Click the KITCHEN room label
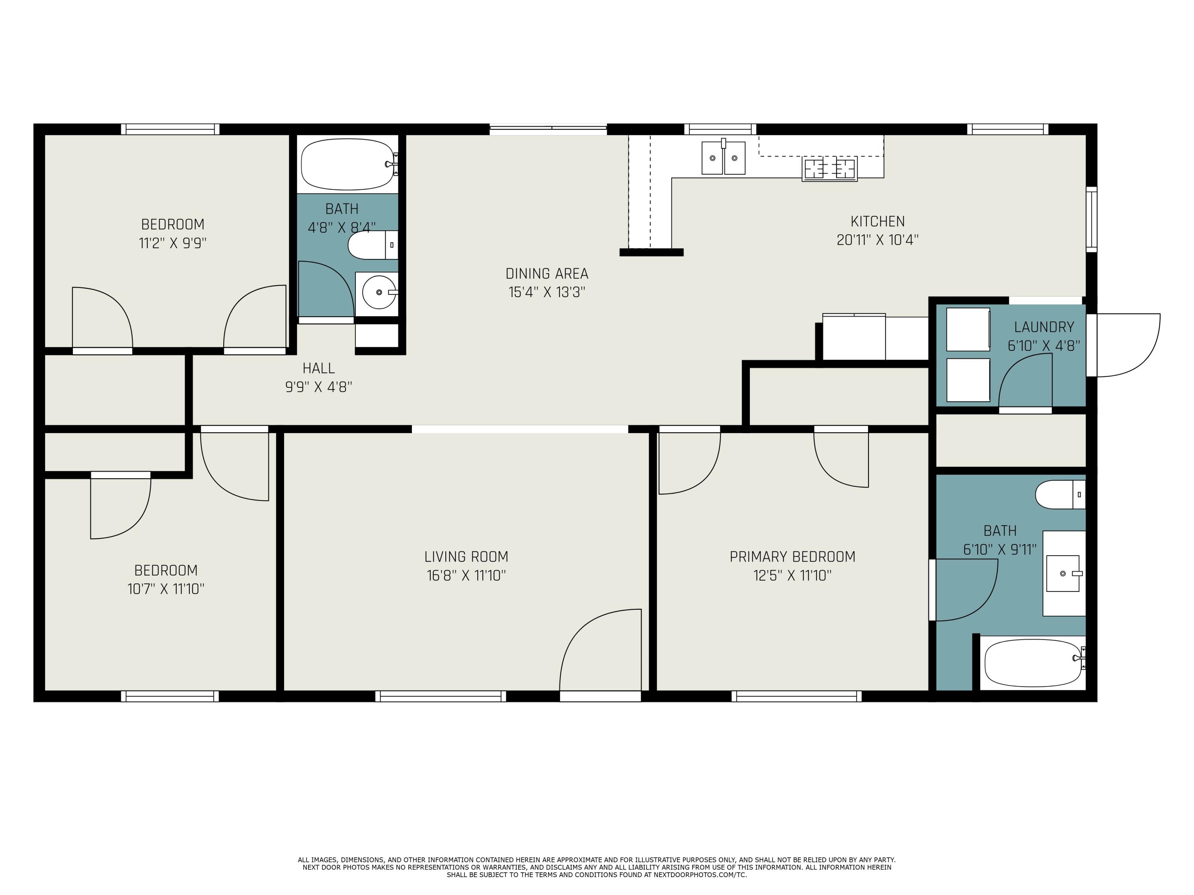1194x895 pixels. click(877, 221)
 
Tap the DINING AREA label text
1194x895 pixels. click(547, 274)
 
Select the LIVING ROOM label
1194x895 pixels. click(466, 557)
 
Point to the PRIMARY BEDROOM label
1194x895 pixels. click(792, 557)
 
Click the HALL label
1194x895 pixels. click(318, 368)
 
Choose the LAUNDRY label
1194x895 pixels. click(1044, 327)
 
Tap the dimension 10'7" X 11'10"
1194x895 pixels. click(166, 589)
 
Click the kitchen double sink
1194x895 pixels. click(723, 158)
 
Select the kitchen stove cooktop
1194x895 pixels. click(830, 169)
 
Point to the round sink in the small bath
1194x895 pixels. click(379, 292)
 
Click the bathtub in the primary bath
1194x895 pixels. click(1035, 663)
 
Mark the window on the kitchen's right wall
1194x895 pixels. click(1091, 219)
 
